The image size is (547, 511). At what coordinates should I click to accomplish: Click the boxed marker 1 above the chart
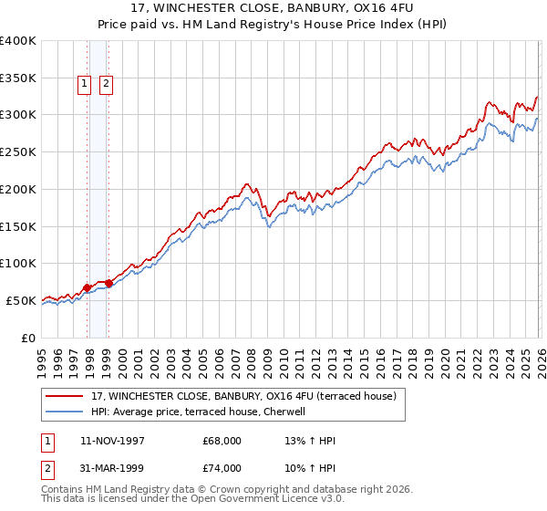click(x=84, y=84)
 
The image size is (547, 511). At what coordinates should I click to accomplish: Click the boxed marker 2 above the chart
click(x=106, y=84)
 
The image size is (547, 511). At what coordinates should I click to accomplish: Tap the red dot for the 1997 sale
click(x=88, y=287)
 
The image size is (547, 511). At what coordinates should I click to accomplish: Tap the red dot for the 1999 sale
click(x=108, y=283)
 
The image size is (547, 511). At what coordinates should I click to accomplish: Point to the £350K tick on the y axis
click(x=18, y=78)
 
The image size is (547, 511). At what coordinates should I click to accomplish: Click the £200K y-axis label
click(x=18, y=189)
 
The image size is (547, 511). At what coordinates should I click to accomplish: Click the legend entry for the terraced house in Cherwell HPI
click(x=201, y=412)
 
